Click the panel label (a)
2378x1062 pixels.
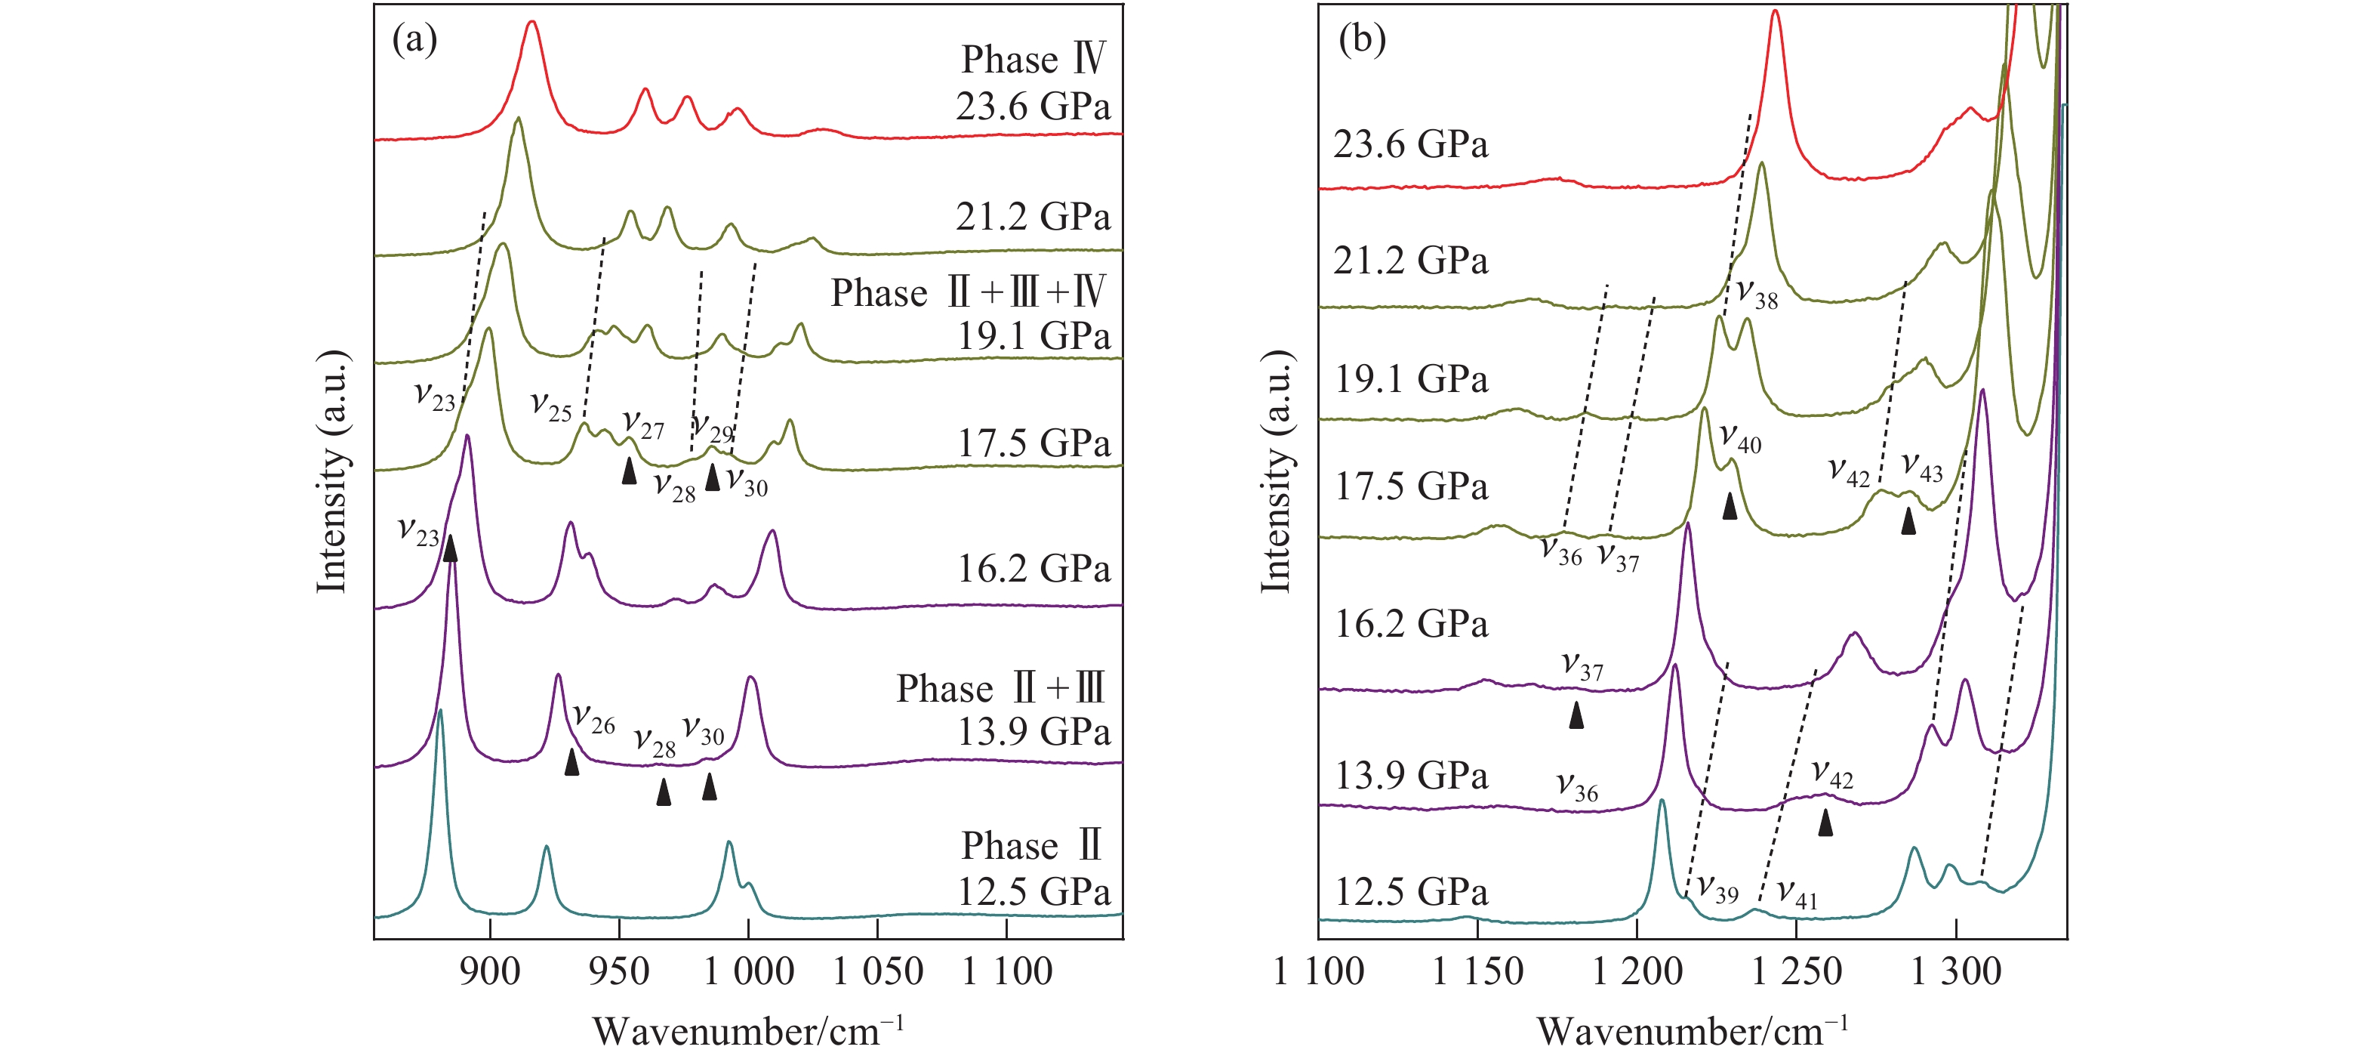[x=414, y=40]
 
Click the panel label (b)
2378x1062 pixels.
[x=1362, y=40]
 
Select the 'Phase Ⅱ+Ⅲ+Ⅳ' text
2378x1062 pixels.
[x=969, y=293]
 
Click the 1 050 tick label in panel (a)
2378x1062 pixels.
[x=878, y=971]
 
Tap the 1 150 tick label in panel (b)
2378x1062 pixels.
[x=1477, y=971]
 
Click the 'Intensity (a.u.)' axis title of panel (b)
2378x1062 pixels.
[x=1276, y=471]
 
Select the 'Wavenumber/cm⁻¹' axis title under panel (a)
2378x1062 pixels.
[x=747, y=1030]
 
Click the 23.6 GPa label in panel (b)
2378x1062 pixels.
[x=1410, y=145]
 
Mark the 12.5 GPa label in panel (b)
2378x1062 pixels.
[x=1410, y=892]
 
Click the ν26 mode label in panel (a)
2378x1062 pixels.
[x=593, y=718]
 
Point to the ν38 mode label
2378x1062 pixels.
[x=1757, y=294]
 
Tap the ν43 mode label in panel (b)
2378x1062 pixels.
[x=1922, y=468]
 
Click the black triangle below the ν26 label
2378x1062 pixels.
[x=572, y=762]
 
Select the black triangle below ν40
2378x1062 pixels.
[x=1730, y=505]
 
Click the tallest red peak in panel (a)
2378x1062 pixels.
[x=531, y=23]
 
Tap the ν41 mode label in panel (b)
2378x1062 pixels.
[x=1797, y=894]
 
